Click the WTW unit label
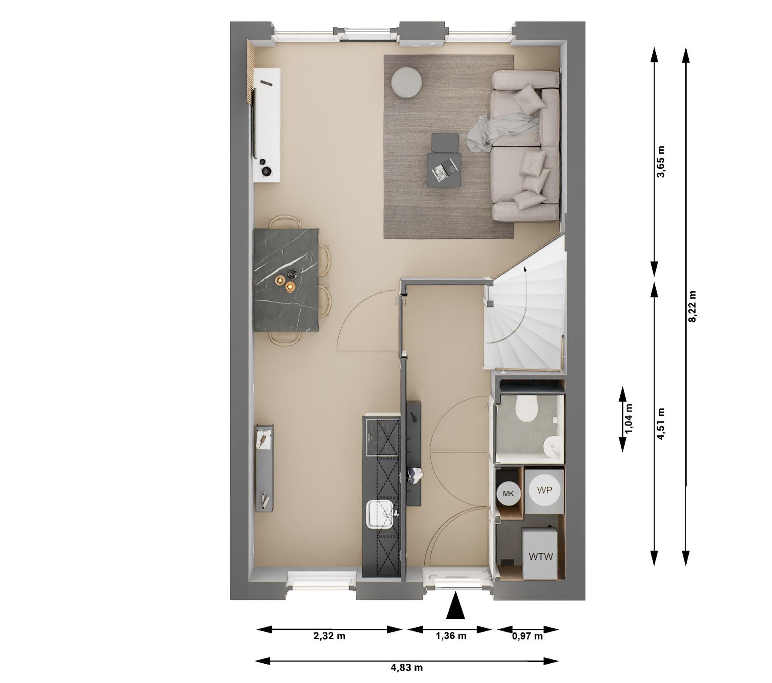point(540,557)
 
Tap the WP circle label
point(544,490)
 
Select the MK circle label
point(508,494)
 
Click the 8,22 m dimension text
point(692,307)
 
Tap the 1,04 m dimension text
point(629,419)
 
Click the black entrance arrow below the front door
point(455,605)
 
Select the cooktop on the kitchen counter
point(381,437)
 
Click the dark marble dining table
point(286,280)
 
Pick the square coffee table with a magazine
point(444,170)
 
